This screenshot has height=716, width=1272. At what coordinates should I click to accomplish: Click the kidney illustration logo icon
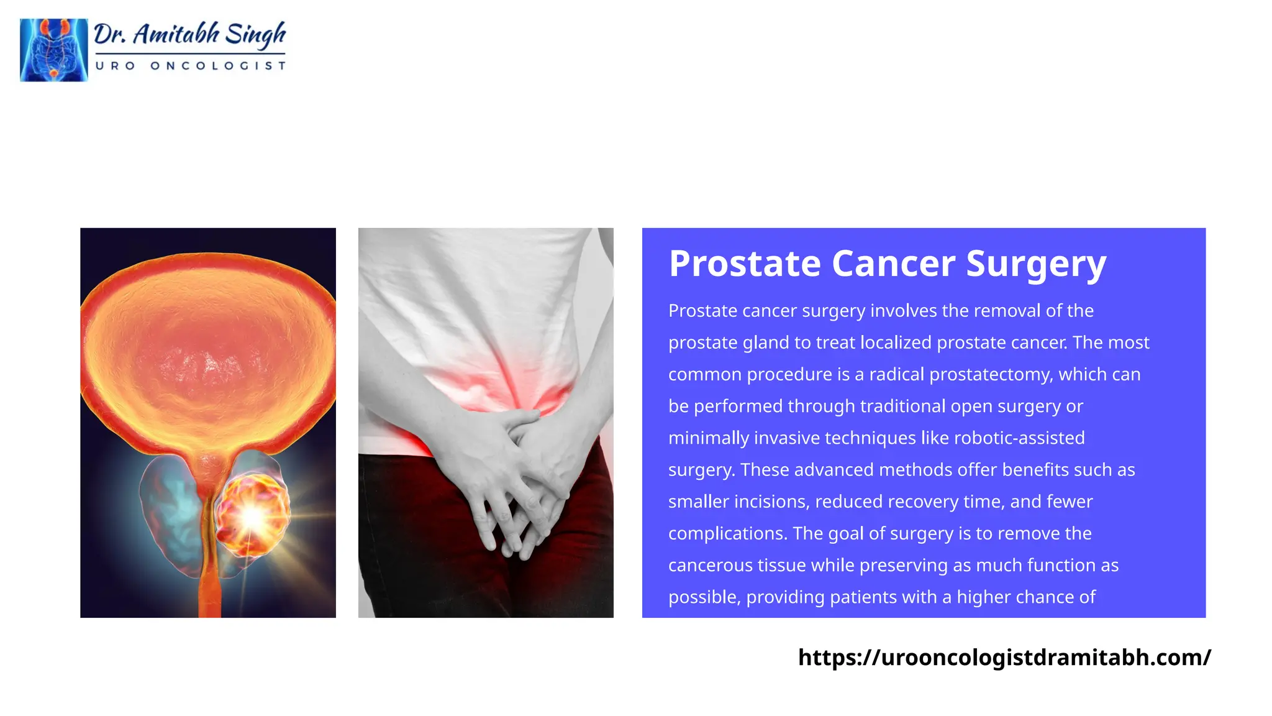click(53, 50)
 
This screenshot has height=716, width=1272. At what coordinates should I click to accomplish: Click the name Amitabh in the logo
click(176, 35)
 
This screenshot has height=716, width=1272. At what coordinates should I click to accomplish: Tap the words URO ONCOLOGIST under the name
click(190, 66)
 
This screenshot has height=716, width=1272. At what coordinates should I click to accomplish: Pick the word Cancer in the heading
click(893, 264)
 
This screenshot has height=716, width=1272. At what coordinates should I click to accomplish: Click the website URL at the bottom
click(1004, 657)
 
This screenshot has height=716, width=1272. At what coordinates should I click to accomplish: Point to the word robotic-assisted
click(1019, 438)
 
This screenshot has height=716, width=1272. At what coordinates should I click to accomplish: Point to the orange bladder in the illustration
click(208, 348)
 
